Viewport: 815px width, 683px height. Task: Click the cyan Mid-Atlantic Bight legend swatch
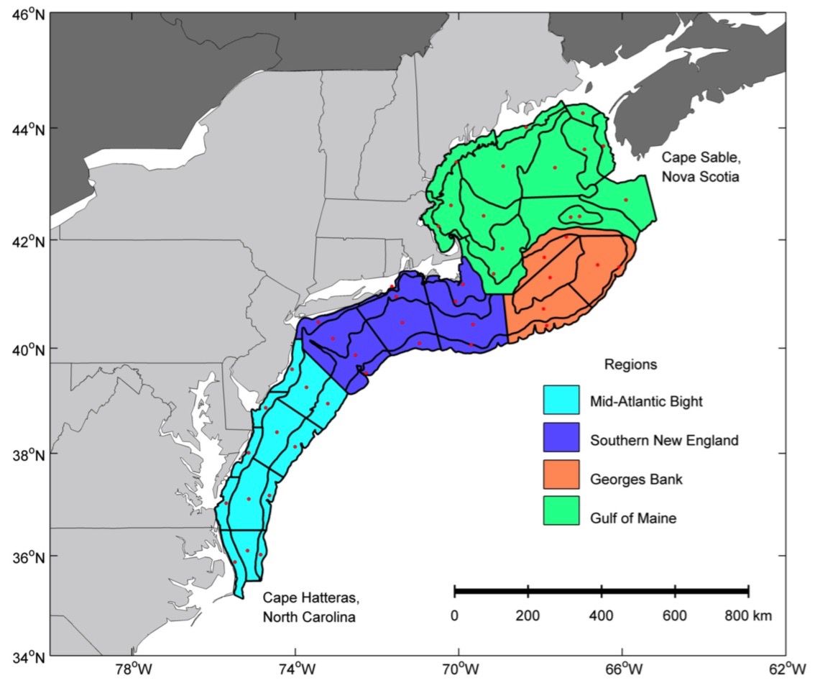pos(561,400)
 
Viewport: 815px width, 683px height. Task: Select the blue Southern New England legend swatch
pos(561,439)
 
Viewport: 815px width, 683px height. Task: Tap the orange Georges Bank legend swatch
pos(561,478)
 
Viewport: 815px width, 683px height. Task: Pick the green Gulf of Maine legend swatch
pos(561,516)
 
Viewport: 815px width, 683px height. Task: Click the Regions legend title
pos(630,365)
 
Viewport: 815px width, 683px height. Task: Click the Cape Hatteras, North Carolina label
pos(309,607)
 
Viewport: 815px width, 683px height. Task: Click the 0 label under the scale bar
pos(454,615)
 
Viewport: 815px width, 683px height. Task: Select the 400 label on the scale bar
pos(601,615)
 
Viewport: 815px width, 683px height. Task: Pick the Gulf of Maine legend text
pos(632,517)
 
